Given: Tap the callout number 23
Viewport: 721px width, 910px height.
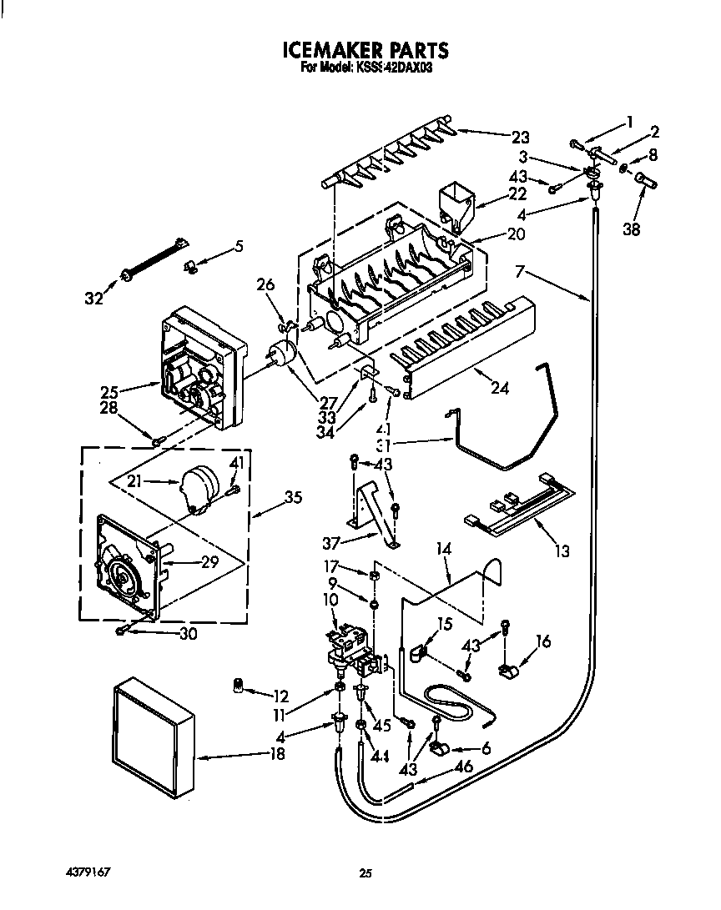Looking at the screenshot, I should coord(520,137).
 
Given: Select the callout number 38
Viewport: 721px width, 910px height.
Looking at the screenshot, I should coord(632,229).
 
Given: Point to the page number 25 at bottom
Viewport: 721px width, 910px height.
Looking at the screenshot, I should coord(365,873).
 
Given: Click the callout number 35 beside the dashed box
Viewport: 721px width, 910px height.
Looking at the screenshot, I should coord(293,499).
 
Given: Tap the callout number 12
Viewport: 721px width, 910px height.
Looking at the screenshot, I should coord(280,695).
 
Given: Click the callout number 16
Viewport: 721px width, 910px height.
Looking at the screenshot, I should coord(544,641).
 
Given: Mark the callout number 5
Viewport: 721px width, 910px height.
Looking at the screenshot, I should coord(239,246).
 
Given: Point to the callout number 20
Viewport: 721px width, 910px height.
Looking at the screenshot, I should coord(516,234).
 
